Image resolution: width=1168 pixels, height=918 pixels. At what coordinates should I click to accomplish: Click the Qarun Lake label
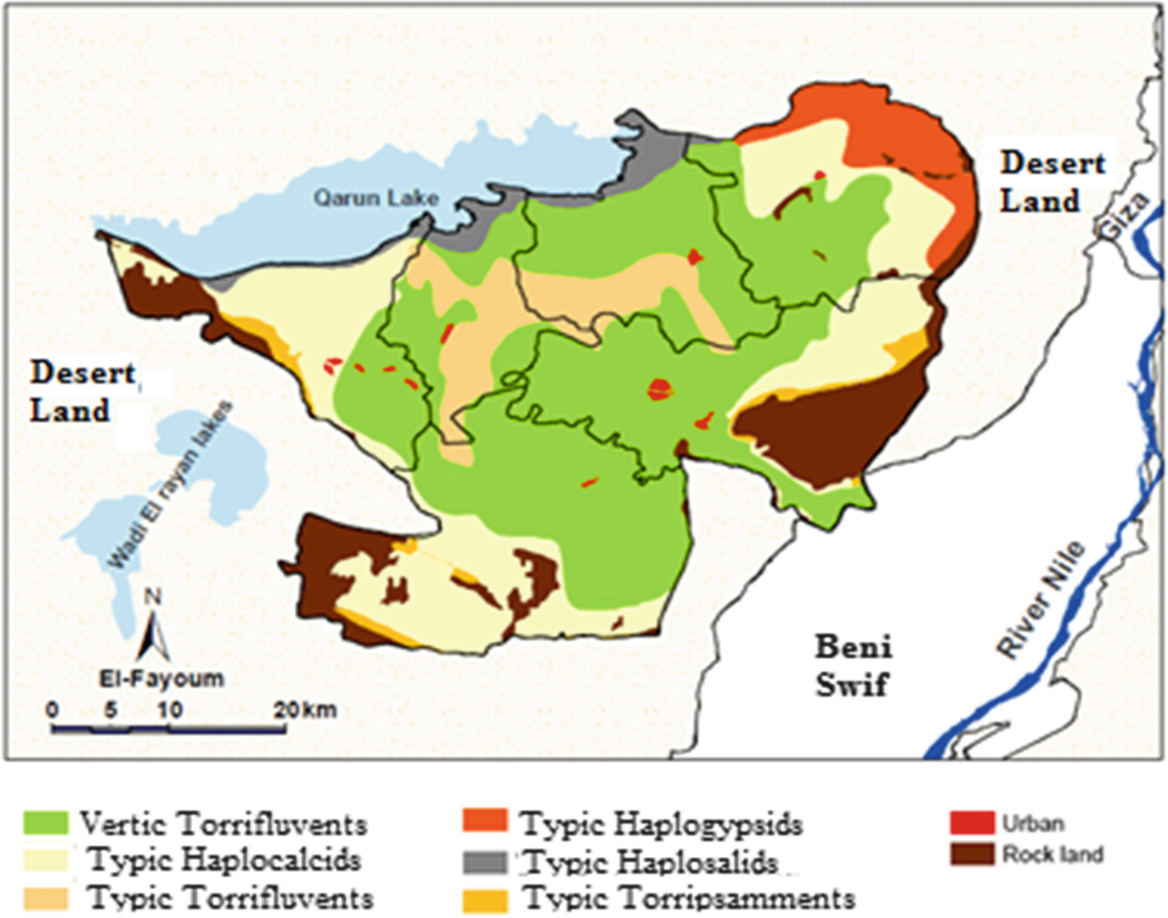[375, 198]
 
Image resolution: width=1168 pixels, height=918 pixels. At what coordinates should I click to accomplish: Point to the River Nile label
[1041, 599]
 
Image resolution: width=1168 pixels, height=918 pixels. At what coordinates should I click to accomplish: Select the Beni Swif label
[853, 665]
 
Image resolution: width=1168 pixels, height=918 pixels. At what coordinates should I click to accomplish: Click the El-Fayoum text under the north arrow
[161, 679]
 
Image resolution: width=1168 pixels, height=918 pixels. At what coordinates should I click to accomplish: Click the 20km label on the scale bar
[305, 709]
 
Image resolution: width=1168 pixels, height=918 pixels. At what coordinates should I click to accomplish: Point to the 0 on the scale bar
[53, 709]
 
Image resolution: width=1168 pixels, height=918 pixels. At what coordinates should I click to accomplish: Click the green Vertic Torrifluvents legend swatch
[45, 823]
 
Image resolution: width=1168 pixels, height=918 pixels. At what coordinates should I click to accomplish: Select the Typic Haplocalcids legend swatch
[45, 860]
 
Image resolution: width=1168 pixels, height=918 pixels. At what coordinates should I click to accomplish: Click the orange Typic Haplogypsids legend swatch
[485, 821]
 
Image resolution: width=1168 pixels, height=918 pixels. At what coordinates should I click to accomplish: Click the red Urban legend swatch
[971, 823]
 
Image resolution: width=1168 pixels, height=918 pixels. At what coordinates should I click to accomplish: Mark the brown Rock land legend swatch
[971, 853]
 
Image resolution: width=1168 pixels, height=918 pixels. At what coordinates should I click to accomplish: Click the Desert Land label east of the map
[1052, 182]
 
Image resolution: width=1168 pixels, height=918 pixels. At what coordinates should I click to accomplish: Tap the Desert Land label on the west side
[82, 391]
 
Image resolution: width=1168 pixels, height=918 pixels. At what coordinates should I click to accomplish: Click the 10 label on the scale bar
[169, 709]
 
